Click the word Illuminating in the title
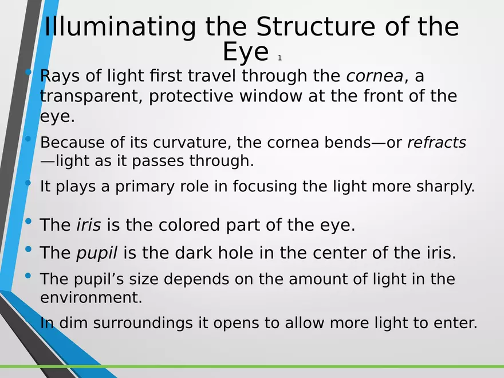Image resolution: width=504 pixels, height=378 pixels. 120,27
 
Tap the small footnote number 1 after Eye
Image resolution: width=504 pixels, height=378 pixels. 279,58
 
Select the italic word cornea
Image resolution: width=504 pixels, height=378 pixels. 375,76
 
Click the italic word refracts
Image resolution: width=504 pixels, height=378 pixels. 436,142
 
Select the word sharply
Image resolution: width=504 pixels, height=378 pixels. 446,187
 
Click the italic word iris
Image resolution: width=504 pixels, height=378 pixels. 89,225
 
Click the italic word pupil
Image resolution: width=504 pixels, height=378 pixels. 97,253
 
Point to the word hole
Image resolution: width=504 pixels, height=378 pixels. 235,253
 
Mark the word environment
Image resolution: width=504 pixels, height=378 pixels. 91,297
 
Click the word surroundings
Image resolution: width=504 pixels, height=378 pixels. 143,323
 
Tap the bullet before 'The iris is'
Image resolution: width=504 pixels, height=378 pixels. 28,221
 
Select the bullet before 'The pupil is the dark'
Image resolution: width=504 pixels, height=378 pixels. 28,249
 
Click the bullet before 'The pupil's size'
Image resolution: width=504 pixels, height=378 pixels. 28,275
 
